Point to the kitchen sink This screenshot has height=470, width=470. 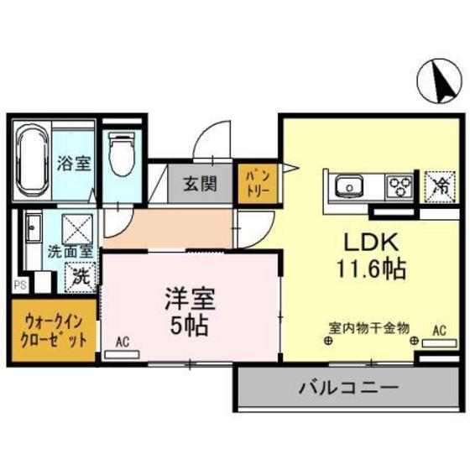(x=347, y=184)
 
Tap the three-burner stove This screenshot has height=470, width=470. (x=399, y=185)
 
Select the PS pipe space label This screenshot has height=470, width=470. (x=18, y=285)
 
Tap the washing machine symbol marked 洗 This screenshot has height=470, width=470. (x=80, y=274)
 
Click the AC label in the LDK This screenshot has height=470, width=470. (x=437, y=330)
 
